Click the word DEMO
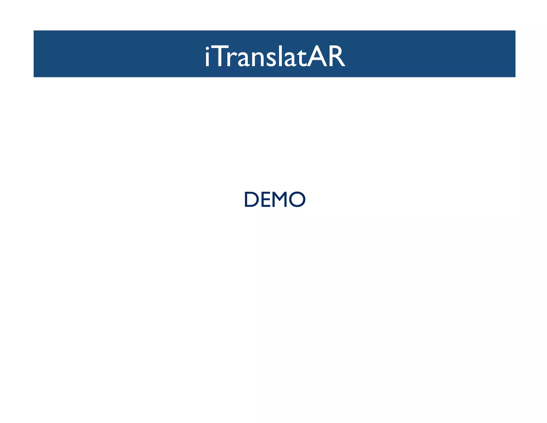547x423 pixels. coord(275,199)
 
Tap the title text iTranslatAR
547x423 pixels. coord(275,56)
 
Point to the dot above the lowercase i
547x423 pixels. coord(207,48)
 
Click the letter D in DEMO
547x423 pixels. coord(251,199)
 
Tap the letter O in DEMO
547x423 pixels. coord(297,199)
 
